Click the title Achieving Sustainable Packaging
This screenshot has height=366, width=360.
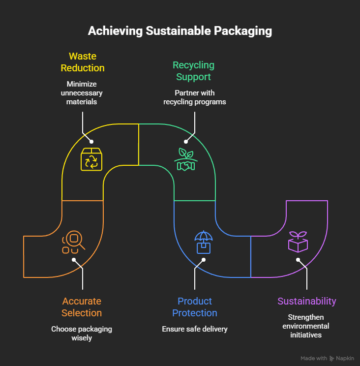coord(180,31)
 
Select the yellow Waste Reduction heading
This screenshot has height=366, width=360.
coord(83,62)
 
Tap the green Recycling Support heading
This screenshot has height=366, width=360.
coord(193,71)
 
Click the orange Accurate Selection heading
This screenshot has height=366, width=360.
coord(82,307)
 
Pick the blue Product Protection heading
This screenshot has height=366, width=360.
coord(195,307)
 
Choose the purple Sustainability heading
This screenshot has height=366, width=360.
coord(307,301)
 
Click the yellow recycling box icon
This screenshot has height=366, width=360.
coord(91,159)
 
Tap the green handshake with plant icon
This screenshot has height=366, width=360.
coord(186,159)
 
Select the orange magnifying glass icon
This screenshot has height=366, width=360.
coord(73,242)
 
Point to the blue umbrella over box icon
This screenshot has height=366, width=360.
coord(204,242)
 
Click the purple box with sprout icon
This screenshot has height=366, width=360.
coord(298,242)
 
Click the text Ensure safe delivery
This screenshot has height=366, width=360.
coord(195,329)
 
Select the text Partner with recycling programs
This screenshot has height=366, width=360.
coord(195,97)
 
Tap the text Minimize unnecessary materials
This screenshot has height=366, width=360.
coord(82,93)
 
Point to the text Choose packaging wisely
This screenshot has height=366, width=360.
coord(82,334)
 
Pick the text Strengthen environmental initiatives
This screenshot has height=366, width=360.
coord(306,326)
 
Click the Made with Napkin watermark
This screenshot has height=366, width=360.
coord(327,358)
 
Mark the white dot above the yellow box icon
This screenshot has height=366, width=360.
coord(91,142)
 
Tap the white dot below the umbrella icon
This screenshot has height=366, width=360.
coord(204,260)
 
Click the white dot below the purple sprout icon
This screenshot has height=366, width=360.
coord(298,260)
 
